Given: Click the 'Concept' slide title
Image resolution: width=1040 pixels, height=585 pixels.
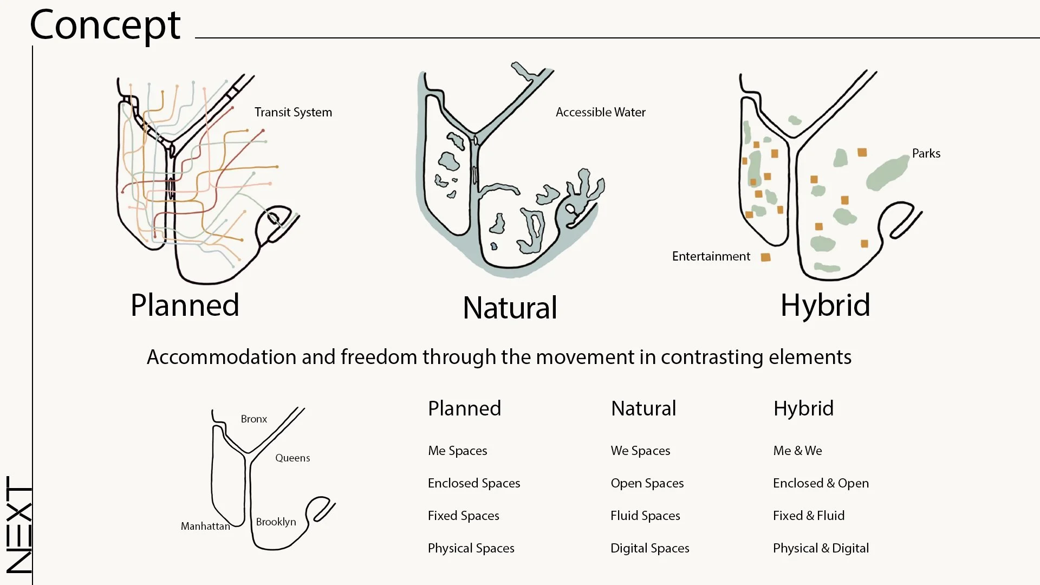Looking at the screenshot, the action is (105, 25).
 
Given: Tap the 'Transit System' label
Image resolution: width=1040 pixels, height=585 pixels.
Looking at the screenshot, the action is (293, 112).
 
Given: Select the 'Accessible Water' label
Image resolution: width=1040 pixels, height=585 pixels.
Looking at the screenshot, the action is (600, 112).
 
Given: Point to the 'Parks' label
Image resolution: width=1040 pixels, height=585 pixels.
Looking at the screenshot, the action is (926, 153).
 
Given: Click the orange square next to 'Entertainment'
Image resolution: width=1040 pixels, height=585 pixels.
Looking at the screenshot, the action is (765, 257).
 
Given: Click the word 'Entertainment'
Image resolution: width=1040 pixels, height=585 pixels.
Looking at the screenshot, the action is (711, 256).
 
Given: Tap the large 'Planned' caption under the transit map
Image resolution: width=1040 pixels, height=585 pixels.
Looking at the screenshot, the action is (185, 305).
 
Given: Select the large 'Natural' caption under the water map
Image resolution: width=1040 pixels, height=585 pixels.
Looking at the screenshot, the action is (510, 308).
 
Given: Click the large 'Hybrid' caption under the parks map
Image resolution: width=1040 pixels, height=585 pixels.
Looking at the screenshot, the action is (825, 305).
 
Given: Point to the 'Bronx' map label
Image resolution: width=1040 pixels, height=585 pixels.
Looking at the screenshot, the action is (253, 419).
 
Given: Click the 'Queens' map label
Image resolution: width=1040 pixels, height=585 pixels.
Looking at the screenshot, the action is (292, 458).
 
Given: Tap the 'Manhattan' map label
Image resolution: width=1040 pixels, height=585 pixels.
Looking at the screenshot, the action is (205, 526).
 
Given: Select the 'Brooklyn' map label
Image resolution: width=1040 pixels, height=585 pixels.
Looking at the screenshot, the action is (276, 522).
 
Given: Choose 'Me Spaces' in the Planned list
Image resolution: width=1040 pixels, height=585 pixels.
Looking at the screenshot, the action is (457, 451).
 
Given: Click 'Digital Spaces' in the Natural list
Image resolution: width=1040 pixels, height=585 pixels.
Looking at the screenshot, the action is (649, 548).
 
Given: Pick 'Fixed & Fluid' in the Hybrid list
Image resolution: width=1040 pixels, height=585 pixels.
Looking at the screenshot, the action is (808, 516).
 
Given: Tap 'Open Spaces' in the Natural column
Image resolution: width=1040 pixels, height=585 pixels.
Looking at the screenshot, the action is (647, 483).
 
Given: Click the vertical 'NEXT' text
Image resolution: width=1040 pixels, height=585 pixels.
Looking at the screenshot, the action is (19, 524).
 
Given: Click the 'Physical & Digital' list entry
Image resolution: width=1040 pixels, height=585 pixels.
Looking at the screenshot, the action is (821, 548).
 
